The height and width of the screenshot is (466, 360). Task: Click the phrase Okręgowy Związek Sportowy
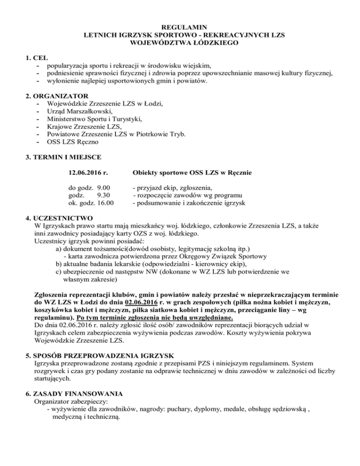[223, 256]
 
